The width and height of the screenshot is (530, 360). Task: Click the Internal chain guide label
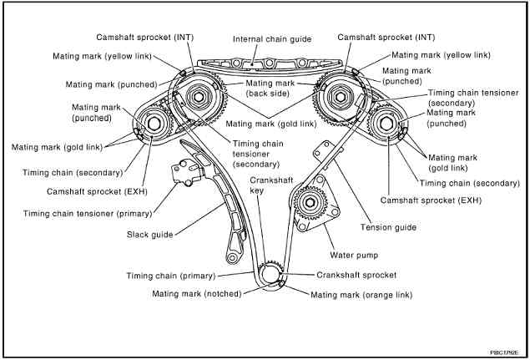coord(272,39)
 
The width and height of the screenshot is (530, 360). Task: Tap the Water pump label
coord(354,255)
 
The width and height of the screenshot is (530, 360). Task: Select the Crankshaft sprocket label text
coord(356,275)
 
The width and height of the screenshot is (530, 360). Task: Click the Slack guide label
coord(149,235)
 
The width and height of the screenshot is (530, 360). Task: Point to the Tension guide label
coord(388,227)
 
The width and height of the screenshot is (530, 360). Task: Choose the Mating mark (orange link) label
coord(361,295)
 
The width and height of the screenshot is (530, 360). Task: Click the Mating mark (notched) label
coord(197,294)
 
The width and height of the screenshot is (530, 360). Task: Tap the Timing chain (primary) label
coord(171,276)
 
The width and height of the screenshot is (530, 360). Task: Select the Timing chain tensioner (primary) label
coord(88,214)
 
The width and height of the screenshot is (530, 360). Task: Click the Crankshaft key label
coord(271,185)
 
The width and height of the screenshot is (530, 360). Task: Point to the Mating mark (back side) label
coord(270,89)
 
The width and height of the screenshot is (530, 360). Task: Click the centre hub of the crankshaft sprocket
coord(270,274)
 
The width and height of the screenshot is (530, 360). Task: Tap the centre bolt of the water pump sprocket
coord(310,203)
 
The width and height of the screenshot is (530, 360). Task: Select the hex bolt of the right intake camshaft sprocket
coord(341,97)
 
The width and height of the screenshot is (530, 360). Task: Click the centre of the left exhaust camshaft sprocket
coord(154,124)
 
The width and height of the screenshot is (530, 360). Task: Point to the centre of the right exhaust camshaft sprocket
coord(386,124)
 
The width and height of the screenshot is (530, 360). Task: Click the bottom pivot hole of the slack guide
coord(232,258)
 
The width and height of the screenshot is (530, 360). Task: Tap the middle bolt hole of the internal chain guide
coord(269,63)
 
